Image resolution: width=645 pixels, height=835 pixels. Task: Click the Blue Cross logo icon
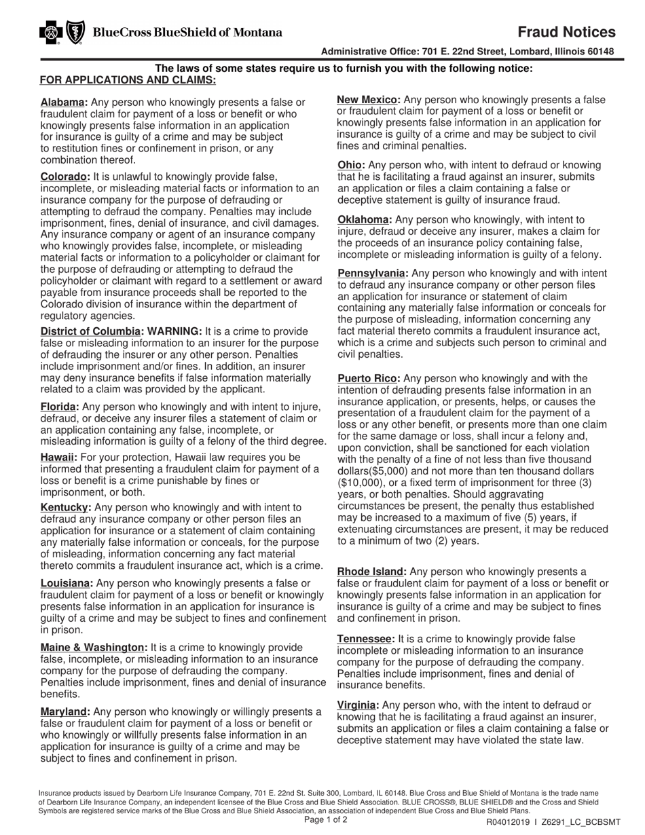[50, 33]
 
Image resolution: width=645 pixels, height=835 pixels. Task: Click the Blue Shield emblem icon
[74, 33]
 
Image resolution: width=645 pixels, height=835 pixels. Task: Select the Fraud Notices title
[566, 32]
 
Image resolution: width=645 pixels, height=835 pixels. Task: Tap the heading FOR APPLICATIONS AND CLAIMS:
[128, 80]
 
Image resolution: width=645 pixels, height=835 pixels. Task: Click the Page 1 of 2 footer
[326, 819]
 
